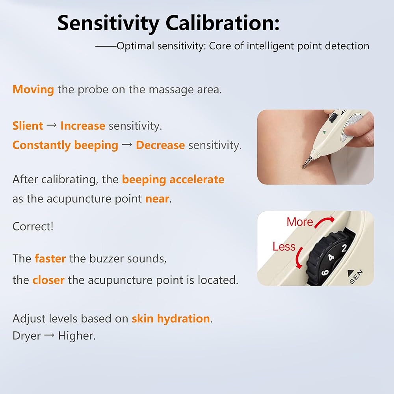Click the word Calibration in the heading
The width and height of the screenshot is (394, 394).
tap(222, 23)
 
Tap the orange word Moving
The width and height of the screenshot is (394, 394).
tap(33, 90)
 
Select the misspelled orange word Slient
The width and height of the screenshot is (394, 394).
tap(28, 126)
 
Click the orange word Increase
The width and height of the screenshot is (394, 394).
tap(83, 126)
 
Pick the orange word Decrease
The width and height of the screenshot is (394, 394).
tap(160, 145)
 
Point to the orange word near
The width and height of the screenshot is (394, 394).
tap(157, 199)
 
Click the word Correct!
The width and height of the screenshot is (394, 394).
tap(33, 226)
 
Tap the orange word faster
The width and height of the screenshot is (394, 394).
tap(50, 258)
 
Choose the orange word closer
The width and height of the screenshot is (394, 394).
tap(48, 280)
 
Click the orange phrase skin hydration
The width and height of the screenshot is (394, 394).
tap(171, 319)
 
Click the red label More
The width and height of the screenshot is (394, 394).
tap(300, 222)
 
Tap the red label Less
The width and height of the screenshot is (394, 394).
tap(284, 247)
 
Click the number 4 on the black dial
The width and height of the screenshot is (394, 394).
tap(331, 257)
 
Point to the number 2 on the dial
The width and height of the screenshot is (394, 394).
tap(344, 248)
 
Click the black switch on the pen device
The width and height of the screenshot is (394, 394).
tap(333, 118)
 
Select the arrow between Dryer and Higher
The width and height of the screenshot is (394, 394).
tap(49, 335)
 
